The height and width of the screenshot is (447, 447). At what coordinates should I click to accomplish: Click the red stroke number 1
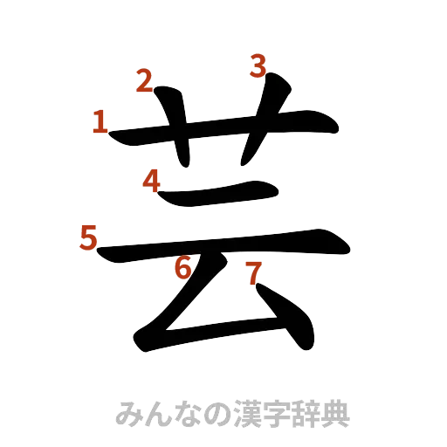100,122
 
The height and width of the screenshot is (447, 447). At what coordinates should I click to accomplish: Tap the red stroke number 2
144,81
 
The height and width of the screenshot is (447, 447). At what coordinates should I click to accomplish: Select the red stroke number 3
258,65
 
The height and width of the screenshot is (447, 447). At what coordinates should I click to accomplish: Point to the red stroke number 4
151,182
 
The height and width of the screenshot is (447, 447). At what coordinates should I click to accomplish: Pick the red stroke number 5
87,237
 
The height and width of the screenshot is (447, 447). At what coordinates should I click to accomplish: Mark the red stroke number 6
182,268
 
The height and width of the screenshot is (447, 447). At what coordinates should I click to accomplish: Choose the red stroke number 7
252,274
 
